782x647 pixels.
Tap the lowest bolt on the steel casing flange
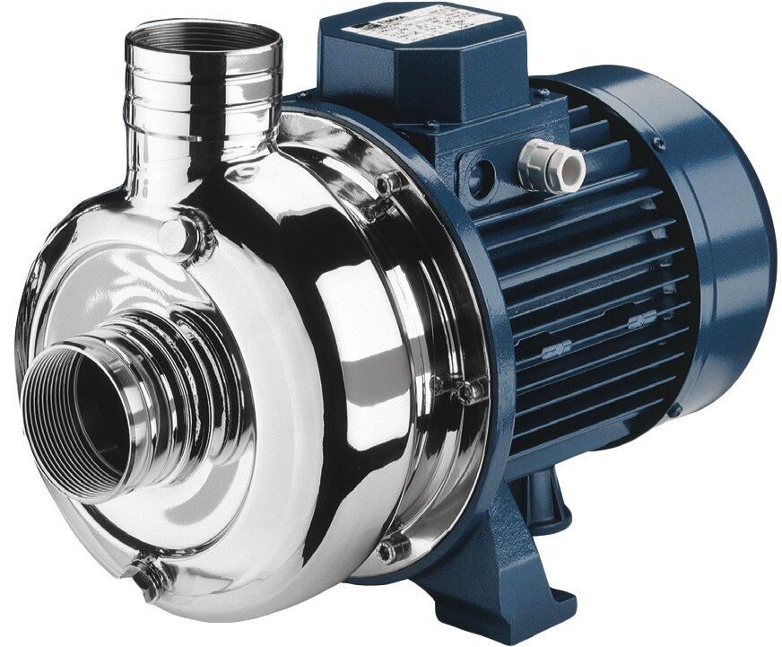[392, 546]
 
